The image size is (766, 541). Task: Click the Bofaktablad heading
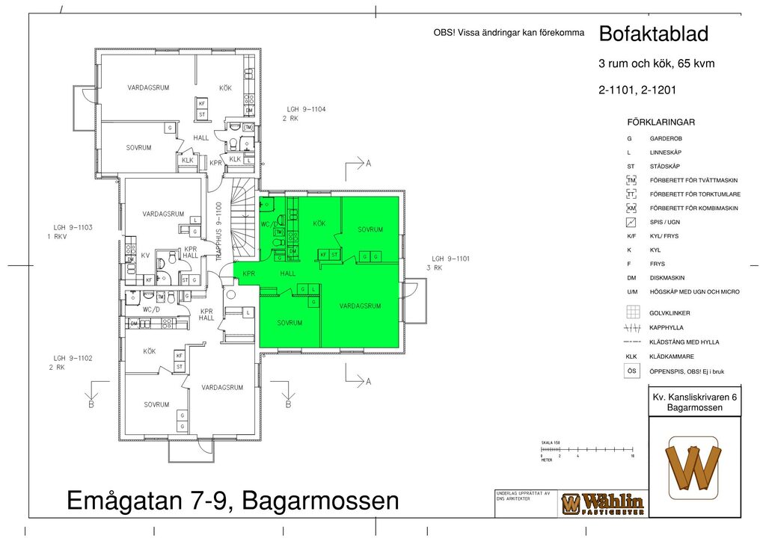tap(653, 34)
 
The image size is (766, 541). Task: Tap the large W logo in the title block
tap(694, 468)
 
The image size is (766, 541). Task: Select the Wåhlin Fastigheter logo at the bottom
tap(602, 504)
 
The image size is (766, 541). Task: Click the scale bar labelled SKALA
tap(587, 451)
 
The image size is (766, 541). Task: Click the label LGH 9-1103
tap(72, 227)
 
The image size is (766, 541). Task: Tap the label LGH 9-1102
tap(72, 359)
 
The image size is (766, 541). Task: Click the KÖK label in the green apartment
tap(319, 223)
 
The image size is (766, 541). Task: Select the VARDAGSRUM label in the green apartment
tap(361, 306)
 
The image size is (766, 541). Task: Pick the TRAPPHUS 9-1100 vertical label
tap(218, 231)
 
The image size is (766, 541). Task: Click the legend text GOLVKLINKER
tap(670, 313)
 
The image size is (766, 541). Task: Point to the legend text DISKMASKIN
tap(667, 278)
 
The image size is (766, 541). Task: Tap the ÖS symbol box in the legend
tap(632, 371)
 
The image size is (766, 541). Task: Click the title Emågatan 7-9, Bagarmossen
tap(233, 500)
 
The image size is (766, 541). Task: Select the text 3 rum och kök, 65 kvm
tap(656, 64)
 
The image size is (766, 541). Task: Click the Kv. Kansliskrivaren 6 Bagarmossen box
tap(694, 402)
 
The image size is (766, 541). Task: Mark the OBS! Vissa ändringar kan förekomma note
tap(509, 32)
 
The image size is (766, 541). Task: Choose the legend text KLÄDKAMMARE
tap(672, 356)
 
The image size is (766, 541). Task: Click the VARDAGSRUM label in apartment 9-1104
tap(148, 87)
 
